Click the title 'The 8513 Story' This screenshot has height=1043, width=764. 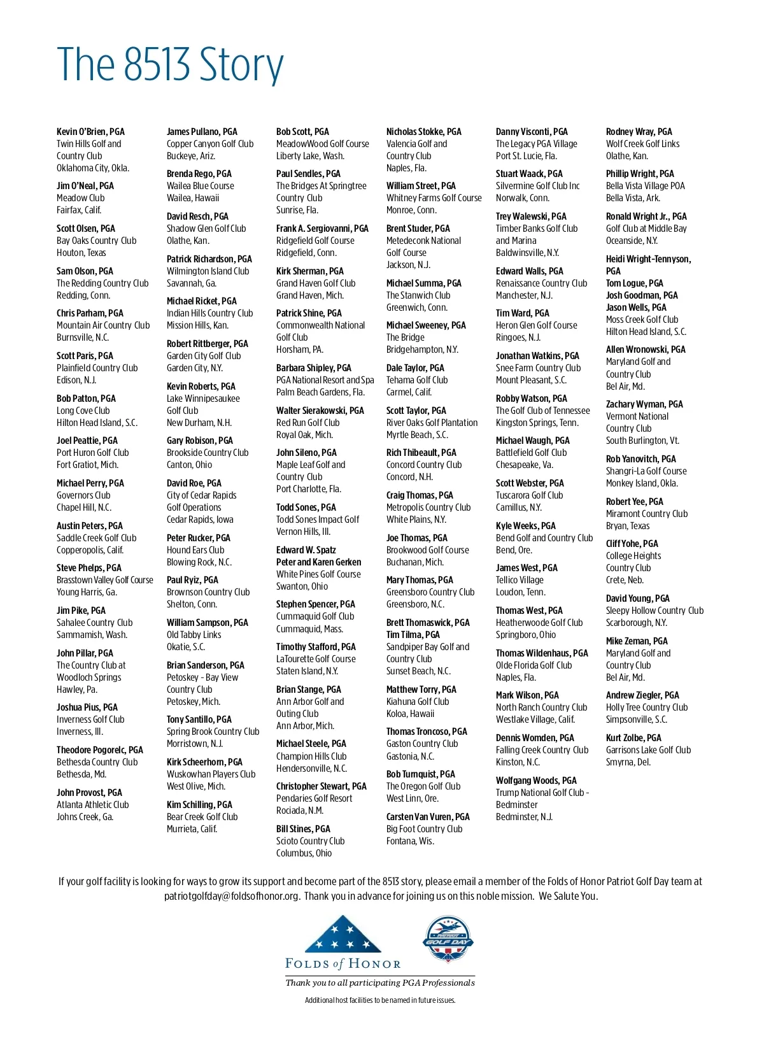click(170, 65)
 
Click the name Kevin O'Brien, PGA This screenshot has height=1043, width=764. click(90, 132)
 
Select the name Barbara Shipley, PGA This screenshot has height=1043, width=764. click(313, 368)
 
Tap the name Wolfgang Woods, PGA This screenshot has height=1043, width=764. click(536, 781)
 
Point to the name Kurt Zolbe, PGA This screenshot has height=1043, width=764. click(633, 738)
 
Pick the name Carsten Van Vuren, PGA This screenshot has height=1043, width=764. click(428, 817)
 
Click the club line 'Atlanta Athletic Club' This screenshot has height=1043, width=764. click(92, 805)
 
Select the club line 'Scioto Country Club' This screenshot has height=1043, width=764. click(310, 841)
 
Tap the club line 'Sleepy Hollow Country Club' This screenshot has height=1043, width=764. click(654, 611)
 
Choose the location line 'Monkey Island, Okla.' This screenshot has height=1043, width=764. click(642, 483)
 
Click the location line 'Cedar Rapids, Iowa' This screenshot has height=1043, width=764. click(200, 520)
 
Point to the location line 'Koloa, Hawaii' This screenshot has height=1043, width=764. click(410, 714)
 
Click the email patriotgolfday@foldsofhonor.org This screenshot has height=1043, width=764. click(231, 897)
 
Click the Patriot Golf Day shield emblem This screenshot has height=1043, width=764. click(448, 939)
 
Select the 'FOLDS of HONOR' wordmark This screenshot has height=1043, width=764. click(343, 964)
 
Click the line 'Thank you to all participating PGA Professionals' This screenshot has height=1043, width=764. click(380, 983)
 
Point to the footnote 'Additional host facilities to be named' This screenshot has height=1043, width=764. click(380, 1000)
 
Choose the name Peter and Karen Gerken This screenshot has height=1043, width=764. click(318, 562)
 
